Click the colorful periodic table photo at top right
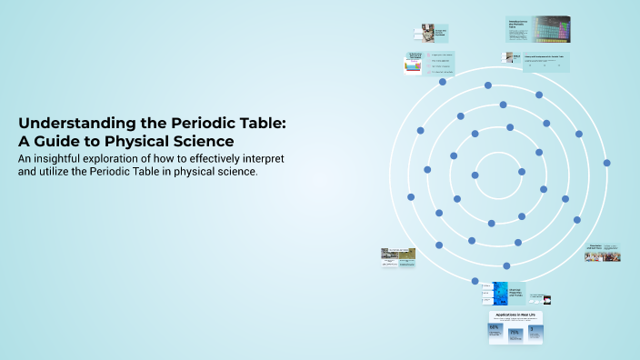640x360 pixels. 551,30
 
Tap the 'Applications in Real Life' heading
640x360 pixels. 515,315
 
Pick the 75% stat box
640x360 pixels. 515,333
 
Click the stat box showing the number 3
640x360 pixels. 534,333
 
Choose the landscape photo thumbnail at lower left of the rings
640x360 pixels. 399,255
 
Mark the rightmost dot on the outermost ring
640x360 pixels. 606,164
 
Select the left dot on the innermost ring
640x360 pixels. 475,175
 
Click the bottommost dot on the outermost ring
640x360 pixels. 475,281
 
